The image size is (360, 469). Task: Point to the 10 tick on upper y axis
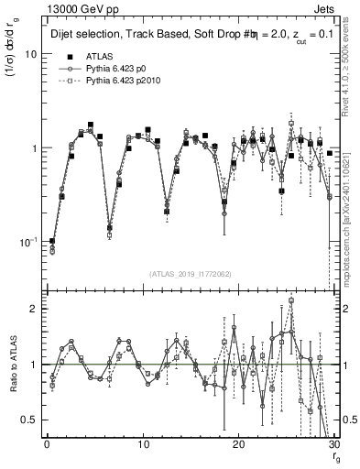[x=32, y=54]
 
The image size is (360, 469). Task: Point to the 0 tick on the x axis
[x=47, y=445]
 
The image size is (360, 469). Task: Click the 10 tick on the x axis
[x=143, y=445]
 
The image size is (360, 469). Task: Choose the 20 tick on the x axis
[x=238, y=445]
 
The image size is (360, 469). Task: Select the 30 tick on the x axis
[x=333, y=445]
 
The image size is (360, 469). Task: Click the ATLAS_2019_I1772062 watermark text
[x=191, y=273]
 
